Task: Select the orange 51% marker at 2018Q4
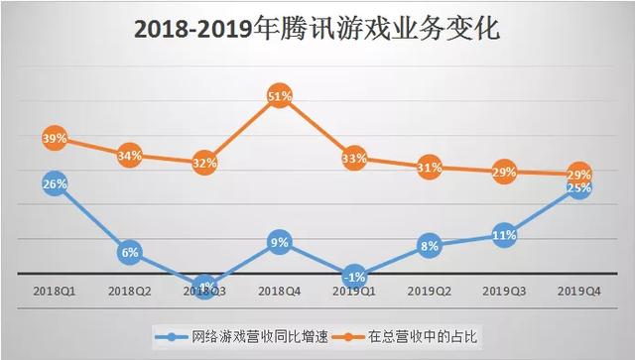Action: point(279,96)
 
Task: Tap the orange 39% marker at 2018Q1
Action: point(56,139)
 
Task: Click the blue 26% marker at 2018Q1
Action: point(56,183)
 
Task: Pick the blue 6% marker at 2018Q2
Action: point(130,252)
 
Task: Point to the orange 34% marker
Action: point(130,155)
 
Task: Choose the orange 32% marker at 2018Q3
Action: point(204,163)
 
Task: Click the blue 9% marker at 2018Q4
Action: point(279,241)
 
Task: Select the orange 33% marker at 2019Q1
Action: point(354,159)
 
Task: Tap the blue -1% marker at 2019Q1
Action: point(354,276)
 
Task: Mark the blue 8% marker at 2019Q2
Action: point(429,245)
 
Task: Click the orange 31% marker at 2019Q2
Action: point(429,167)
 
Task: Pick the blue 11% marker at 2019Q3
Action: point(503,235)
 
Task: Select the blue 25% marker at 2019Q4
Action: point(577,187)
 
